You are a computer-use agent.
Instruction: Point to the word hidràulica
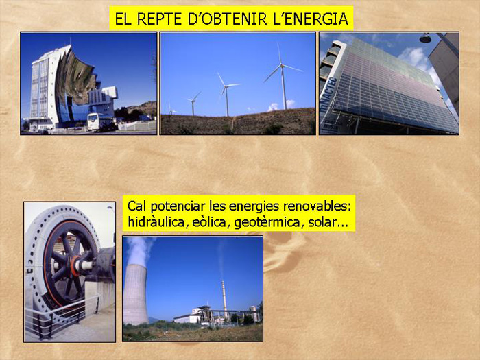[156, 222]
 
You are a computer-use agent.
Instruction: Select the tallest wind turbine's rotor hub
[282, 65]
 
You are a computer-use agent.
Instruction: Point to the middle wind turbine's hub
[226, 86]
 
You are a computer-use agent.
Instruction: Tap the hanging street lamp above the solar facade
[425, 38]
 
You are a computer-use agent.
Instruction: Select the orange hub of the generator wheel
[75, 266]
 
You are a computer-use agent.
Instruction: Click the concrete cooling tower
[135, 294]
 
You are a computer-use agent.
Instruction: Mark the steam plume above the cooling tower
[139, 250]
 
